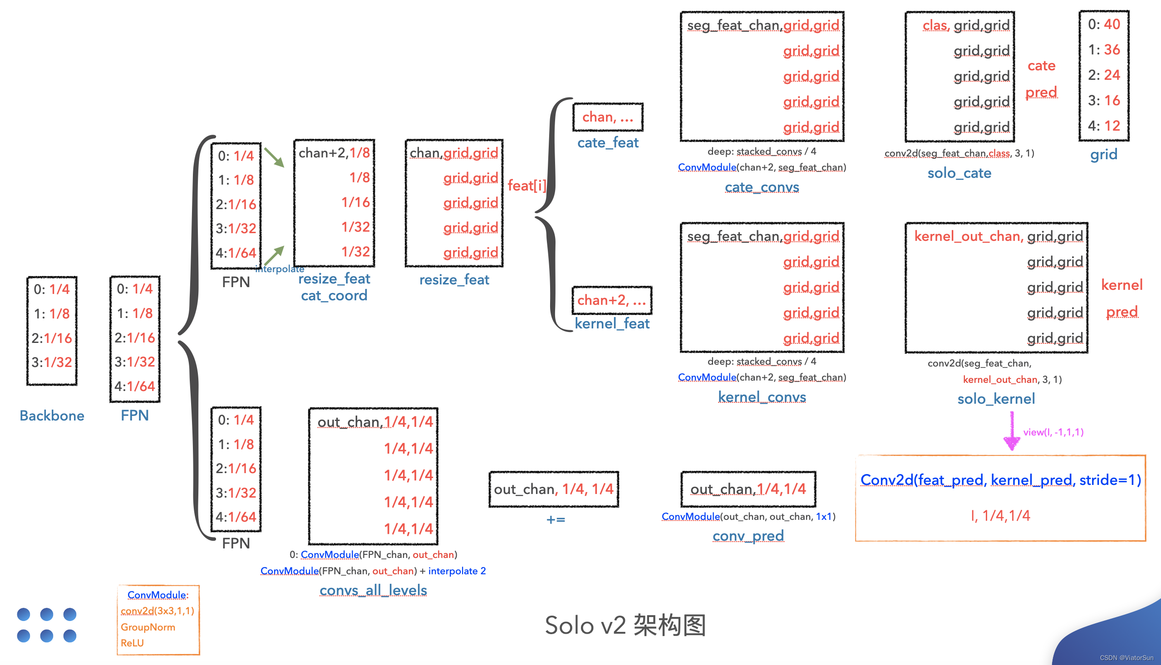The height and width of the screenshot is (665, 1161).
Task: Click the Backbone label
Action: point(52,415)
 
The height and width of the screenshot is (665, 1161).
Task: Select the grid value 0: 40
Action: point(1103,24)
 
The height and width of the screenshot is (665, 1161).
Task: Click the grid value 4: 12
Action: point(1103,126)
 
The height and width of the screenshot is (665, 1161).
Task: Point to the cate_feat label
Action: point(608,142)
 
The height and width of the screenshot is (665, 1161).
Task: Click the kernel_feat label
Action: point(612,323)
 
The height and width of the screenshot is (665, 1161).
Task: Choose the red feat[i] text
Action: point(527,186)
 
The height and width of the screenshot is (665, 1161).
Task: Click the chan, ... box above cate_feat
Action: point(608,117)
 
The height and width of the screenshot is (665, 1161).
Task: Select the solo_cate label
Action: point(959,173)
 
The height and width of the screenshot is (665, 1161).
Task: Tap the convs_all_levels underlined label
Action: point(373,590)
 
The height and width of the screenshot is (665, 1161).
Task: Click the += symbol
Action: point(556,520)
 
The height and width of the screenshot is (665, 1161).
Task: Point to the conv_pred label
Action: point(748,536)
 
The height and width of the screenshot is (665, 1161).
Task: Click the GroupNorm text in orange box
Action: point(148,627)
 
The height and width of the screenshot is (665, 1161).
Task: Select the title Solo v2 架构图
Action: point(625,625)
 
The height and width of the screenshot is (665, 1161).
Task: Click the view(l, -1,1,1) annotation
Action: point(1053,432)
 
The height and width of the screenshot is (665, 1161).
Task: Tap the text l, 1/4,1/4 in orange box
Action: point(1000,516)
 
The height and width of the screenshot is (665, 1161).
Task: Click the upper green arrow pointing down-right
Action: point(274,157)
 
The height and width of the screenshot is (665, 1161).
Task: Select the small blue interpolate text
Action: point(280,269)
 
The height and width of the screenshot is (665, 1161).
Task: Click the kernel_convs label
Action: point(762,397)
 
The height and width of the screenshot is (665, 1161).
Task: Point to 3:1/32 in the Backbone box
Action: point(52,362)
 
